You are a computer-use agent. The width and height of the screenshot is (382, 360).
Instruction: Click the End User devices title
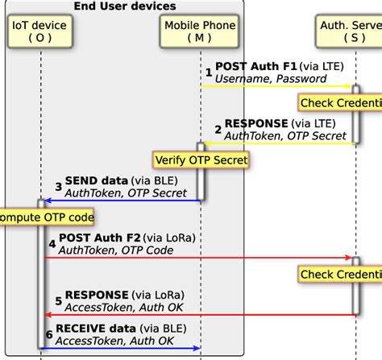pyautogui.click(x=125, y=6)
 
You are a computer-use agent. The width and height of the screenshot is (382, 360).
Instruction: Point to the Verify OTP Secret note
pyautogui.click(x=200, y=160)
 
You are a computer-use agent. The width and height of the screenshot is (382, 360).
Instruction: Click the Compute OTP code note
pyautogui.click(x=47, y=217)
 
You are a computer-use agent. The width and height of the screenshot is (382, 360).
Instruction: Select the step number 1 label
pyautogui.click(x=209, y=72)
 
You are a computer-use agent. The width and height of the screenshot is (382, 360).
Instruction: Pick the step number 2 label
pyautogui.click(x=218, y=130)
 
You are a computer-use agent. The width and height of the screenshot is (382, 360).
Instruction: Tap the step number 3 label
pyautogui.click(x=58, y=187)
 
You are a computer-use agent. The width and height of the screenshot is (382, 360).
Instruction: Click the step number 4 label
pyautogui.click(x=52, y=244)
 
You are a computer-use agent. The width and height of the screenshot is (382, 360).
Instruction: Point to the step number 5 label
pyautogui.click(x=58, y=301)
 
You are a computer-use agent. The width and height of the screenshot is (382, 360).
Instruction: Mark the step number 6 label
pyautogui.click(x=49, y=335)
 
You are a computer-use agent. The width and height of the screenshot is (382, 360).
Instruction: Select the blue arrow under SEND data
pyautogui.click(x=121, y=201)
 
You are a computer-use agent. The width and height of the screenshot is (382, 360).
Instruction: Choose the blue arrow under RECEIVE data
pyautogui.click(x=121, y=348)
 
